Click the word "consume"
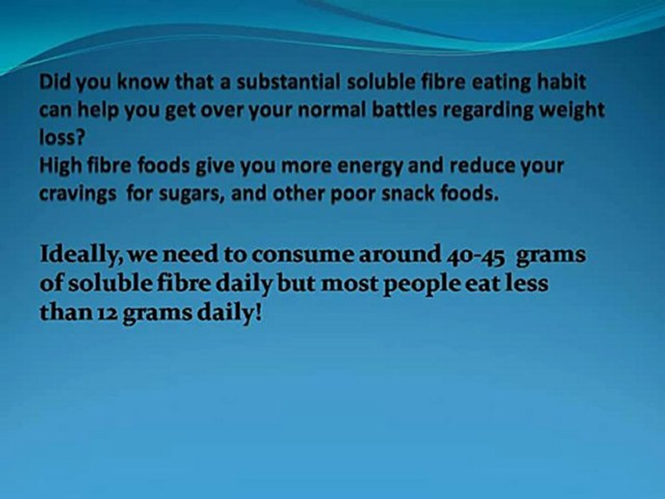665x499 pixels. coord(292,255)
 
